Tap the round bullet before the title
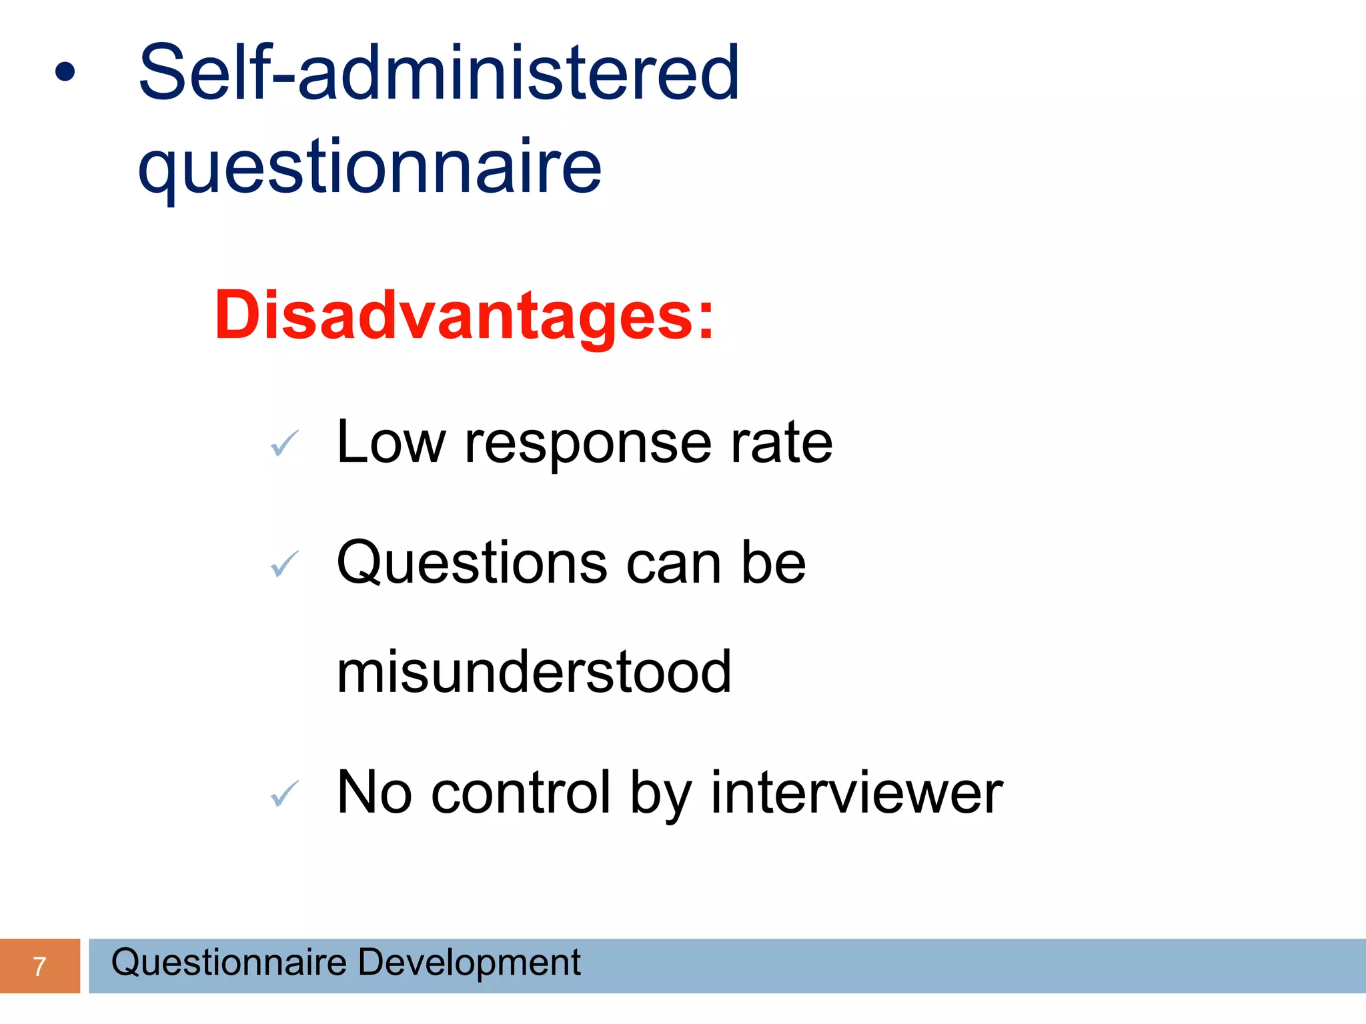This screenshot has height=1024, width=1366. coord(65,72)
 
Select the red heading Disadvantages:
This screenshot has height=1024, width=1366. coord(464,315)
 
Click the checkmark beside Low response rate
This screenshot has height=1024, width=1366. coord(285,443)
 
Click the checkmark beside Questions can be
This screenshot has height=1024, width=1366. coord(285,564)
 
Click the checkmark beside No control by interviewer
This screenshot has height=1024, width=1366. coord(285,793)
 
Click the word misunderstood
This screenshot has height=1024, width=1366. coord(534,672)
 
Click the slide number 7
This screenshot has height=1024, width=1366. coord(39,966)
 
